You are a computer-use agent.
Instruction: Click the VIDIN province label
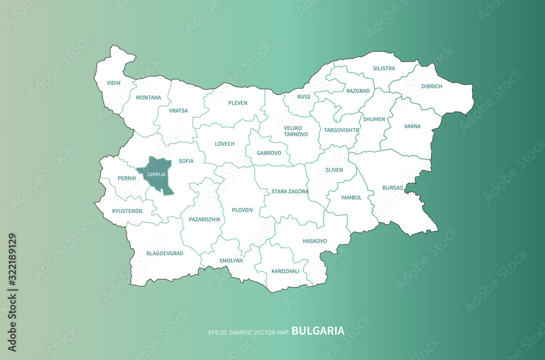pyautogui.click(x=114, y=83)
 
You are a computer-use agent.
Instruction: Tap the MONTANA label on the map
pyautogui.click(x=149, y=98)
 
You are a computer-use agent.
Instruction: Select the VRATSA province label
pyautogui.click(x=178, y=110)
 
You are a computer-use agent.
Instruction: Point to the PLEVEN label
pyautogui.click(x=238, y=103)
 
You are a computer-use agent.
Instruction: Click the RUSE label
pyautogui.click(x=304, y=97)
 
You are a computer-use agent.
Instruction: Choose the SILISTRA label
pyautogui.click(x=384, y=69)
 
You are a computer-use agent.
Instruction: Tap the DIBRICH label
pyautogui.click(x=432, y=86)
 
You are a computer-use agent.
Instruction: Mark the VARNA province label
pyautogui.click(x=413, y=126)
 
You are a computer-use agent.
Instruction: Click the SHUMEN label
pyautogui.click(x=374, y=119)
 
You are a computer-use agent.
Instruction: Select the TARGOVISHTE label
pyautogui.click(x=341, y=130)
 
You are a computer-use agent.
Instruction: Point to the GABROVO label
pyautogui.click(x=269, y=153)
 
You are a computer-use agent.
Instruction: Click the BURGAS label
pyautogui.click(x=392, y=187)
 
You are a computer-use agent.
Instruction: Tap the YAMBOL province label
pyautogui.click(x=352, y=197)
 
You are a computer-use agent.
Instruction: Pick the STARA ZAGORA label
pyautogui.click(x=290, y=191)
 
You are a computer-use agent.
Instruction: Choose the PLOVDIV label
pyautogui.click(x=243, y=210)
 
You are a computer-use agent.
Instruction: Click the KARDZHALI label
pyautogui.click(x=285, y=271)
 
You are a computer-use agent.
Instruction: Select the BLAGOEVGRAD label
pyautogui.click(x=165, y=254)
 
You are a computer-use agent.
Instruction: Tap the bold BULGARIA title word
pyautogui.click(x=318, y=331)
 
